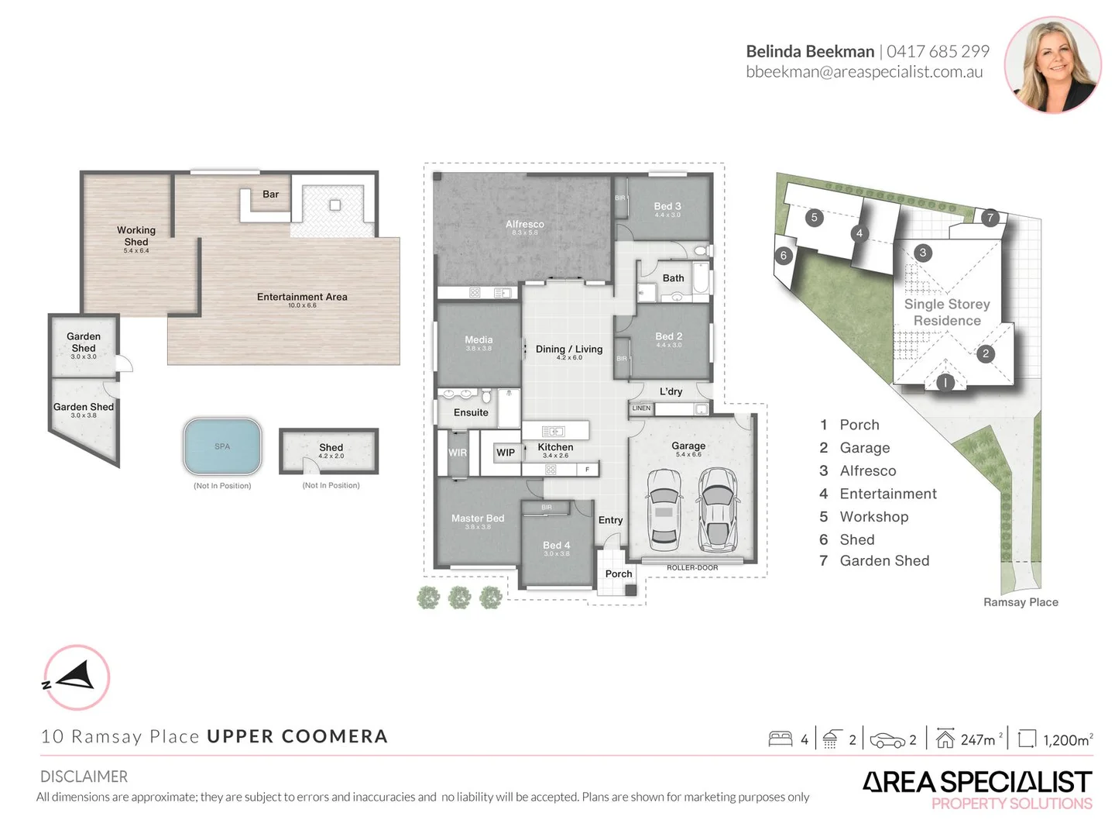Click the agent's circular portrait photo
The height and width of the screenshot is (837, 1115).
pyautogui.click(x=1052, y=65)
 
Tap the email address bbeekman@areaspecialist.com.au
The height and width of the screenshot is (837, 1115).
pyautogui.click(x=864, y=72)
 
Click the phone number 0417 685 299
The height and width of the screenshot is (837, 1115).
pyautogui.click(x=938, y=51)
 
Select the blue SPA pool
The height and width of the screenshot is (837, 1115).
pyautogui.click(x=222, y=446)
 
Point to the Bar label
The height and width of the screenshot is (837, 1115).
pyautogui.click(x=270, y=195)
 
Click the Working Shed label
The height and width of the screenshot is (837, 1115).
pyautogui.click(x=136, y=236)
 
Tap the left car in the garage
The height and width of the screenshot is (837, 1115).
pyautogui.click(x=664, y=508)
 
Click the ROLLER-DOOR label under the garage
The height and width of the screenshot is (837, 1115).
pyautogui.click(x=692, y=568)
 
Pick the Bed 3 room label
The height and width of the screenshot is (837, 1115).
pyautogui.click(x=667, y=206)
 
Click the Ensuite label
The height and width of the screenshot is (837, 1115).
pyautogui.click(x=471, y=412)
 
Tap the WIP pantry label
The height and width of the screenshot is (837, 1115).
pyautogui.click(x=506, y=453)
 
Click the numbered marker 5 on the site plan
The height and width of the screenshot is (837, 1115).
pyautogui.click(x=814, y=218)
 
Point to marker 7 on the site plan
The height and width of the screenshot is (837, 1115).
pyautogui.click(x=990, y=218)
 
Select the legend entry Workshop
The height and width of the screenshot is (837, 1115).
pyautogui.click(x=873, y=517)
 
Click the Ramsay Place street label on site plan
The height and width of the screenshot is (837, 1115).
pyautogui.click(x=1021, y=602)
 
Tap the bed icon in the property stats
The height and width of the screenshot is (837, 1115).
pyautogui.click(x=780, y=739)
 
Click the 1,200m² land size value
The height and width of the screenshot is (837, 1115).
pyautogui.click(x=1068, y=740)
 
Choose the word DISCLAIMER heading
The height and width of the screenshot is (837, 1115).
pyautogui.click(x=84, y=777)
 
